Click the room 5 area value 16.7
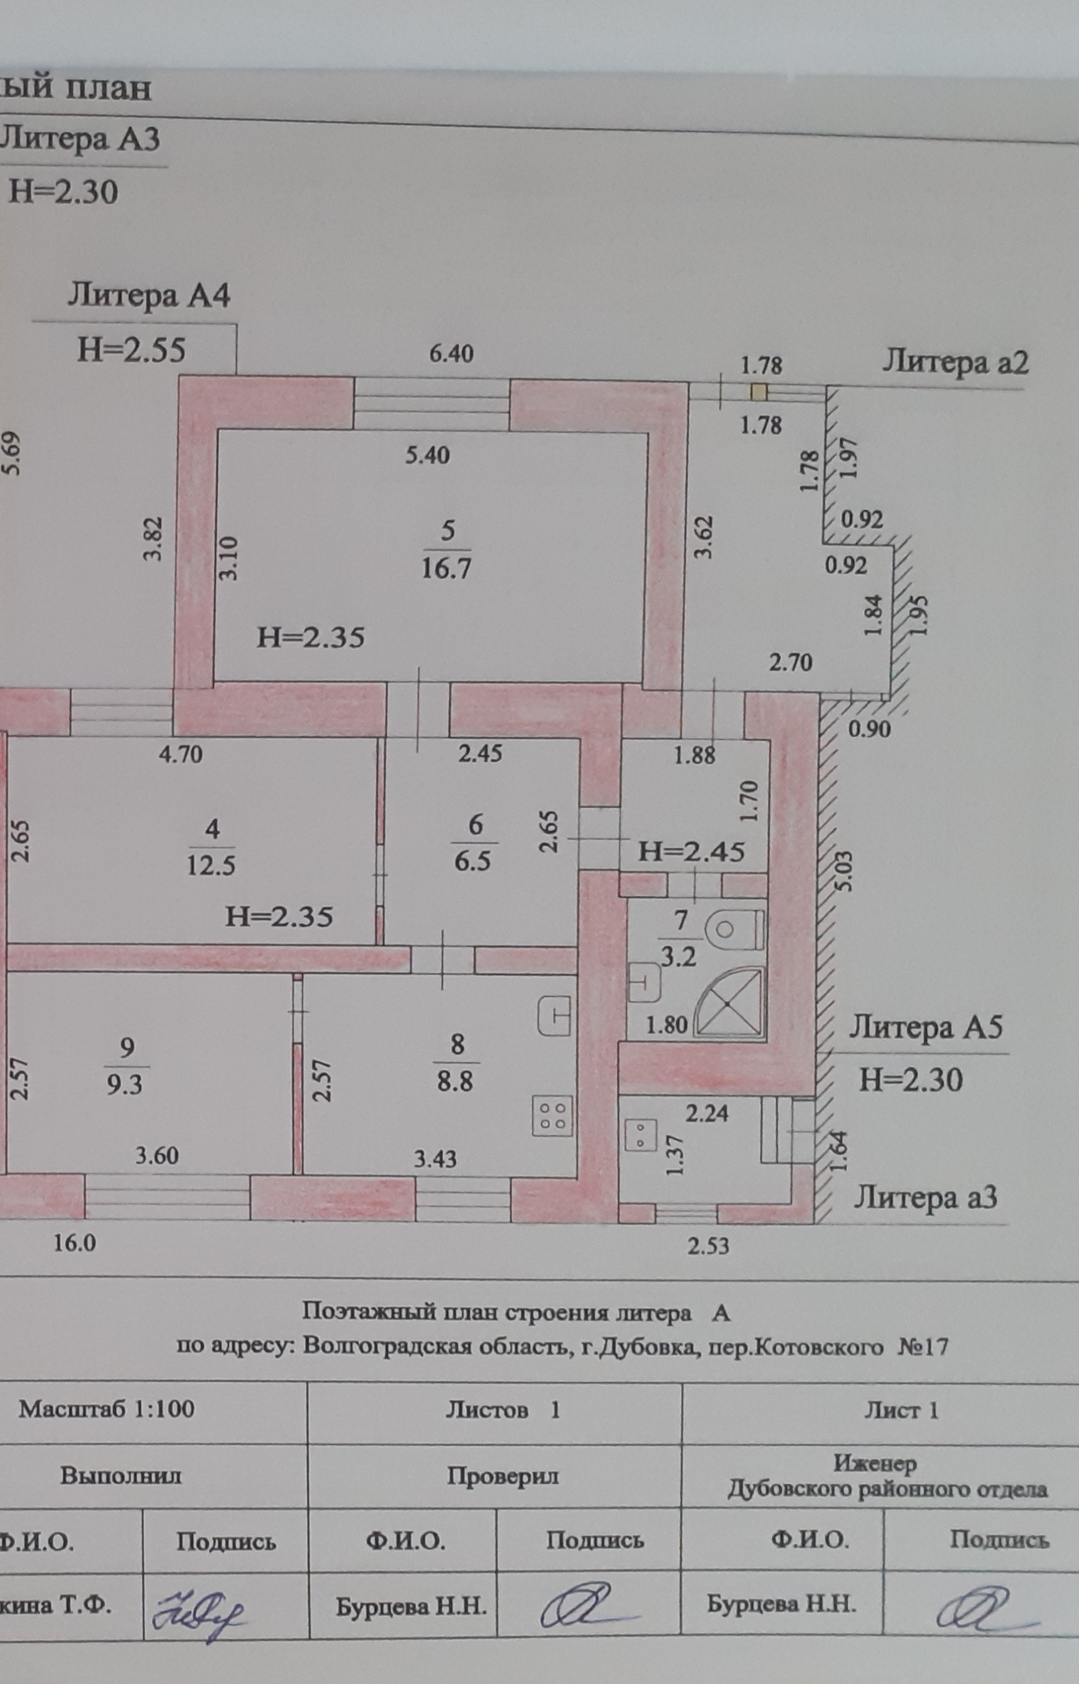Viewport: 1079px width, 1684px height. click(446, 567)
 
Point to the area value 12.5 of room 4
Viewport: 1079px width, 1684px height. click(211, 865)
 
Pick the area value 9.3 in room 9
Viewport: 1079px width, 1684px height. click(125, 1084)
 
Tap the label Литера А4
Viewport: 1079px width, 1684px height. click(148, 296)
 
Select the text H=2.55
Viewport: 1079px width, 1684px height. click(131, 349)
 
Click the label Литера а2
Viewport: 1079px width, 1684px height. click(955, 362)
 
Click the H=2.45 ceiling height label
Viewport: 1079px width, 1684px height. click(692, 851)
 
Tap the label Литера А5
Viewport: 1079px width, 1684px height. click(926, 1028)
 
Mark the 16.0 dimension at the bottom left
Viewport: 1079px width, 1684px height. click(75, 1243)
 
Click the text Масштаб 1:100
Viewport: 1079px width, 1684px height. click(107, 1409)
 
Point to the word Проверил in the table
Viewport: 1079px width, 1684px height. click(502, 1476)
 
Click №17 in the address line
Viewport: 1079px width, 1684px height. click(922, 1347)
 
